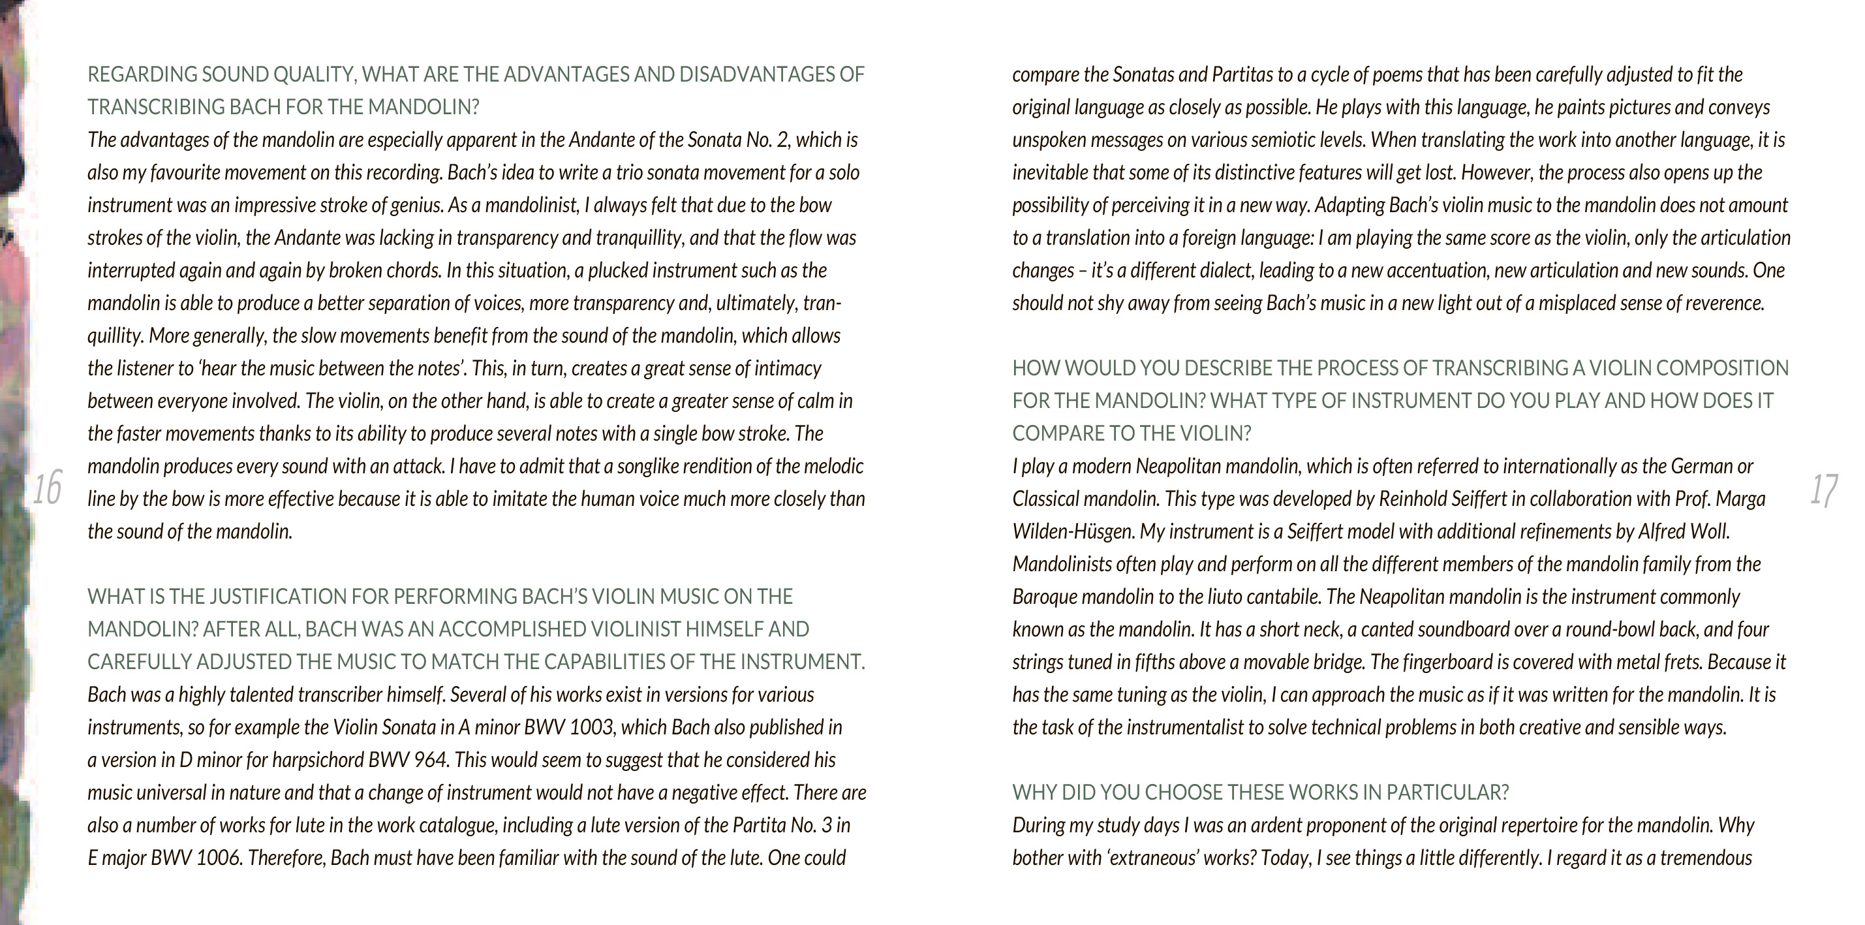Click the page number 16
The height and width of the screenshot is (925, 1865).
tap(47, 488)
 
